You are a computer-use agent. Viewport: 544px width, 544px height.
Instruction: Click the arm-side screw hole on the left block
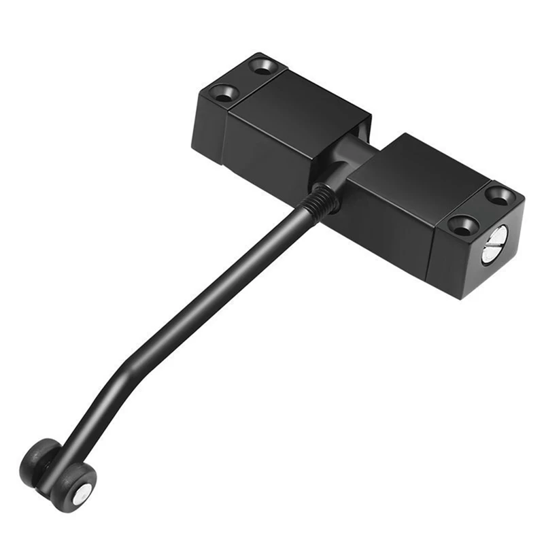[224, 93]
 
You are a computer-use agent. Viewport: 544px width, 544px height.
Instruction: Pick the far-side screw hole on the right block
[500, 195]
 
